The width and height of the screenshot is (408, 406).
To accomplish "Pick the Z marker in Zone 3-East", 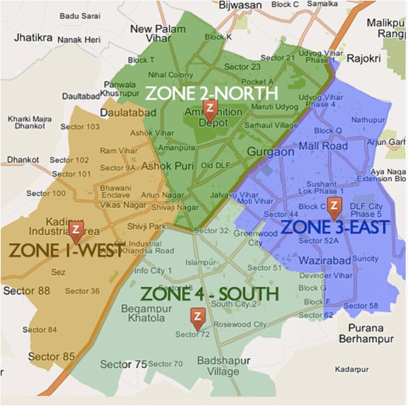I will (x=334, y=205).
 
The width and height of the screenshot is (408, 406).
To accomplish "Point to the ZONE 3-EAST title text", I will (x=335, y=227).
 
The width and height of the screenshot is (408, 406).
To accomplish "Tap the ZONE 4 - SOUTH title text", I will (x=210, y=294).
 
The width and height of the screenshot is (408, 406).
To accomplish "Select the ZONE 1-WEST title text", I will (x=65, y=251).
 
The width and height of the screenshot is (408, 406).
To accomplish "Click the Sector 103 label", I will (x=80, y=126).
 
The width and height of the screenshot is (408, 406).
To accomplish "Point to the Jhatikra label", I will (x=30, y=39).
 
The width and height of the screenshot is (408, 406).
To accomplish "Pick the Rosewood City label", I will (x=241, y=324).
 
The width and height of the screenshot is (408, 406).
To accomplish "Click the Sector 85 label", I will (x=51, y=357).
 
